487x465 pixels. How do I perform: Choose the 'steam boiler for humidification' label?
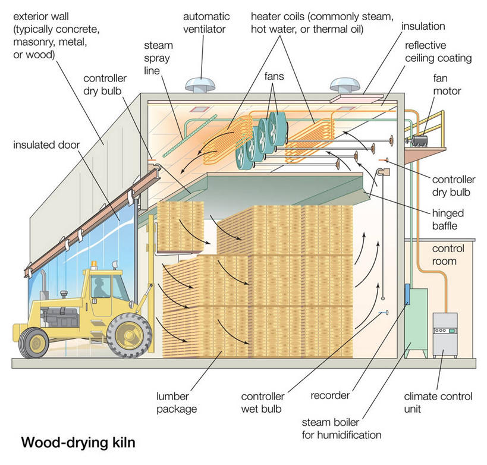341,429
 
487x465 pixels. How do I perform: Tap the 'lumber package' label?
177,402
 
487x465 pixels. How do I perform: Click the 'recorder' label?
330,395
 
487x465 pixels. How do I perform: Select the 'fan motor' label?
448,85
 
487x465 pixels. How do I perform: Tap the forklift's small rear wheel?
33,343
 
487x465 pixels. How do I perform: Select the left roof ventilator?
200,84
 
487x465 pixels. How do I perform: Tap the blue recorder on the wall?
408,293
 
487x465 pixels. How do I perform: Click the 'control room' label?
448,255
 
